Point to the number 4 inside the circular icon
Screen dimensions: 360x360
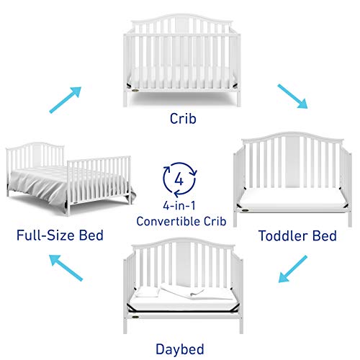pyautogui.click(x=180, y=178)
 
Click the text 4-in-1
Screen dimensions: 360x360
pyautogui.click(x=179, y=204)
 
